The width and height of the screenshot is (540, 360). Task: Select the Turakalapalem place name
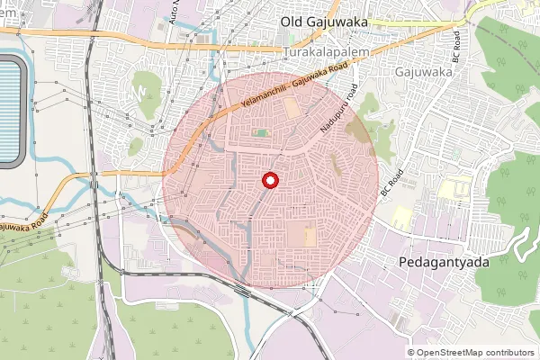click(327, 54)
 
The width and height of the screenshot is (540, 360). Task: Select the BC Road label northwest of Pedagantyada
click(388, 184)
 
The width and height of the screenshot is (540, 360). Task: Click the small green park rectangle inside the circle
click(260, 133)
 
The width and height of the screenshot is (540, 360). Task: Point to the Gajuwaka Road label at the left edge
click(22, 224)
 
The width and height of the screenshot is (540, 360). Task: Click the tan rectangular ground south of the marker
click(310, 238)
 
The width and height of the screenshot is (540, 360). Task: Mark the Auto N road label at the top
click(175, 13)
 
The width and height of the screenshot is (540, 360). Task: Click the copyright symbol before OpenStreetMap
click(411, 353)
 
